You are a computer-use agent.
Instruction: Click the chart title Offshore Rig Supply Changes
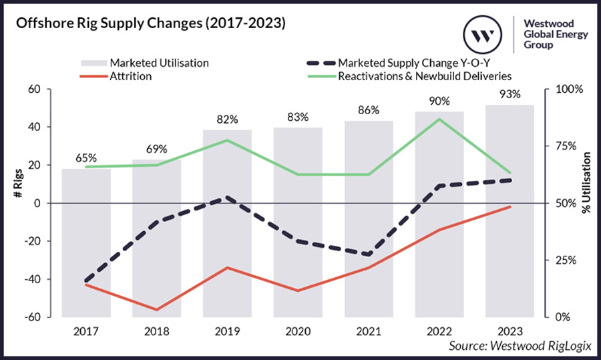[150, 24]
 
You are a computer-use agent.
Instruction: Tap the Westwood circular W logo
[483, 33]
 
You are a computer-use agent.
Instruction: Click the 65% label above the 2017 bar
[86, 158]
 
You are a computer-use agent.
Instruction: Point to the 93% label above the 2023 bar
[510, 94]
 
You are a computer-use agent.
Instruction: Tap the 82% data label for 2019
[228, 120]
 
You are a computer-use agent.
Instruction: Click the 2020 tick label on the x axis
[298, 331]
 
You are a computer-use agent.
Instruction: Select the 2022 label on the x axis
[439, 331]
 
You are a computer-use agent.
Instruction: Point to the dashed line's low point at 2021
[369, 254]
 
